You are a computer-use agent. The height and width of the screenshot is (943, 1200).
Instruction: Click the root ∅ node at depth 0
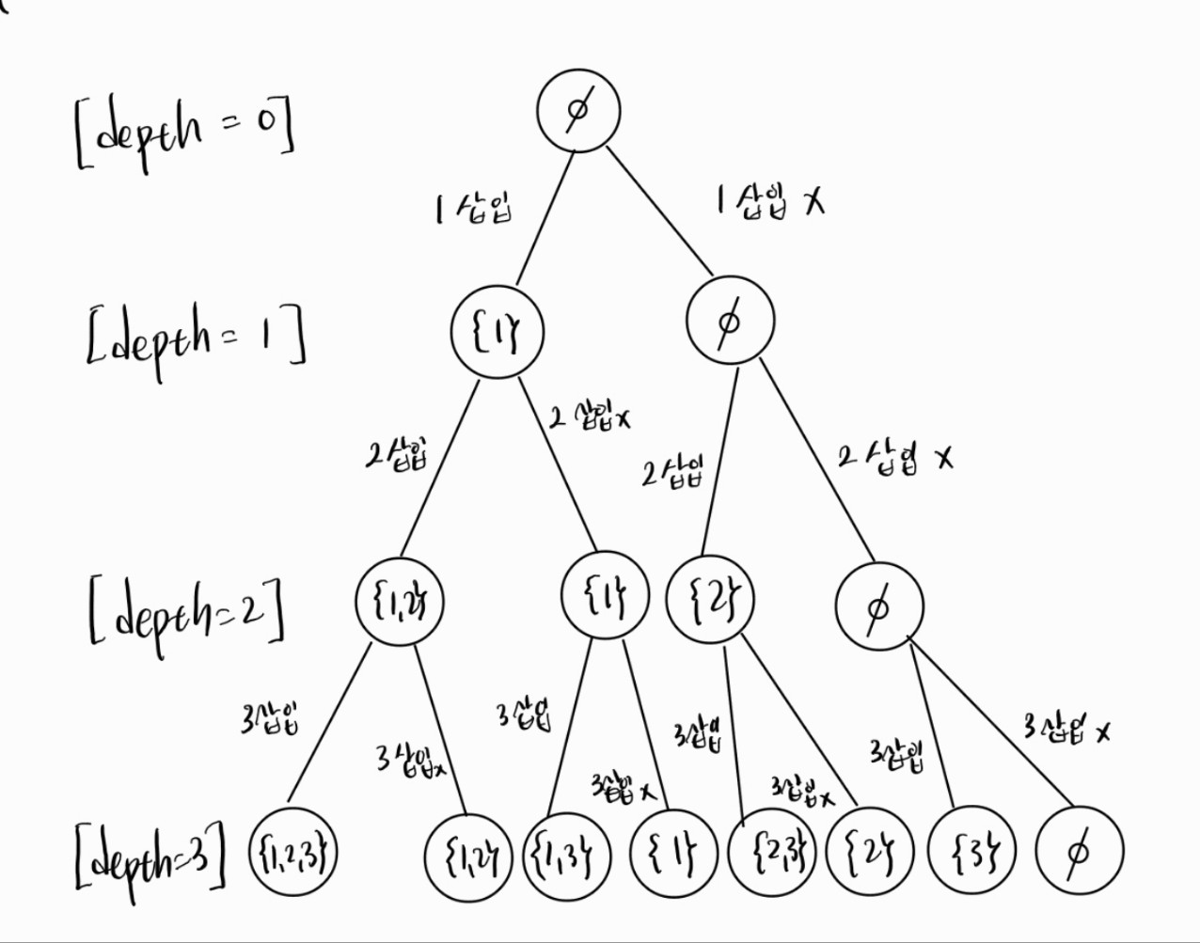click(x=578, y=110)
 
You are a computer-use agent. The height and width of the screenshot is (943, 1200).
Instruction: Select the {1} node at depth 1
click(x=497, y=332)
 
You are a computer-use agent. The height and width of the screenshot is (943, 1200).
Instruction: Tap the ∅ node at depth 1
click(x=729, y=322)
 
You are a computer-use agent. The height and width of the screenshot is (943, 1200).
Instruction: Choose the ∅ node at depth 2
click(x=878, y=607)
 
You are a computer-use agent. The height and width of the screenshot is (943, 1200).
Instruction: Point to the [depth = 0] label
click(x=183, y=134)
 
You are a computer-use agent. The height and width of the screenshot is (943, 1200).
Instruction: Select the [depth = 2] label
click(x=186, y=612)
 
